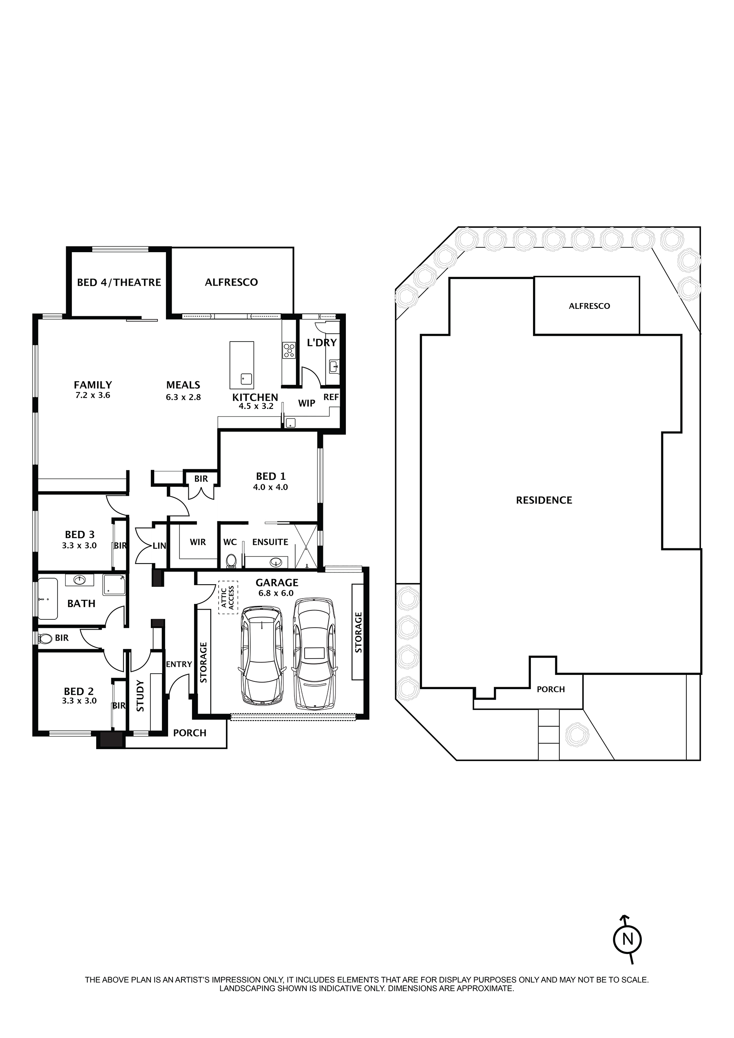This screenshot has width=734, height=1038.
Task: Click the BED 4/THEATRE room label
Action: pyautogui.click(x=119, y=282)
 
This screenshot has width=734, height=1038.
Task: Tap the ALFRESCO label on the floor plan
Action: pyautogui.click(x=231, y=282)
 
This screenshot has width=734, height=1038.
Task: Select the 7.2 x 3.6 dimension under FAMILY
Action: pyautogui.click(x=93, y=395)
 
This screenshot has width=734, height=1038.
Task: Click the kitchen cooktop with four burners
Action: pyautogui.click(x=288, y=350)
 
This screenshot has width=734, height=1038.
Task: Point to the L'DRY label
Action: pyautogui.click(x=321, y=342)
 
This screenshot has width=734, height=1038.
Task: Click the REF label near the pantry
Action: pyautogui.click(x=331, y=397)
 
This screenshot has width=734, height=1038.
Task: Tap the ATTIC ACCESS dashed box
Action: pyautogui.click(x=228, y=597)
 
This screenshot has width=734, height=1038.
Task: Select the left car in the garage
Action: pyautogui.click(x=262, y=656)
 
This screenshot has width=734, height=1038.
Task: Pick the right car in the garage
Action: pyautogui.click(x=316, y=654)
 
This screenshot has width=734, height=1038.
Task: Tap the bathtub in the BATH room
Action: pyautogui.click(x=47, y=599)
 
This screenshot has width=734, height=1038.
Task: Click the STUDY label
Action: pyautogui.click(x=140, y=696)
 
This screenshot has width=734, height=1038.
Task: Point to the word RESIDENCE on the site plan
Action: pyautogui.click(x=544, y=500)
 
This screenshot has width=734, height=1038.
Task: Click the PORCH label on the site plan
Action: pyautogui.click(x=550, y=689)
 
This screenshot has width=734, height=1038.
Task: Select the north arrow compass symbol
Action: pyautogui.click(x=627, y=939)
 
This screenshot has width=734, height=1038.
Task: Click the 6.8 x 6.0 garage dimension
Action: pyautogui.click(x=276, y=593)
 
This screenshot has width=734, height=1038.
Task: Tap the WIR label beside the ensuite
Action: pyautogui.click(x=197, y=542)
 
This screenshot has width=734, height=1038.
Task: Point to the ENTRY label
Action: pyautogui.click(x=179, y=664)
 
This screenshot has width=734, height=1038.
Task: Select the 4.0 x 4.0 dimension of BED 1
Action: pyautogui.click(x=270, y=487)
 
